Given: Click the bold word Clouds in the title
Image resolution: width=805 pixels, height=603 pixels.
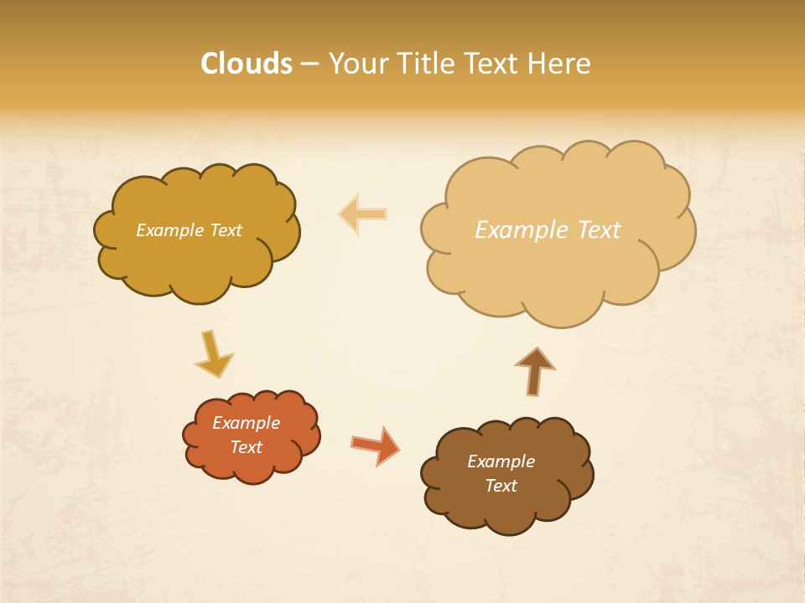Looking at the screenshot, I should (247, 64).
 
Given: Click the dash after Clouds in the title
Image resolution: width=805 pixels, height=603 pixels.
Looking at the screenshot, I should (309, 64).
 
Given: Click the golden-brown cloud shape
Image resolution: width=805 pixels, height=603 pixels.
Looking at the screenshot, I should (197, 251).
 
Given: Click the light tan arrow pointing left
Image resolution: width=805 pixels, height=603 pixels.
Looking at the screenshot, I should (363, 214).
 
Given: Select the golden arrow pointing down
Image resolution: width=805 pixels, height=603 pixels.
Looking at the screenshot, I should (213, 353).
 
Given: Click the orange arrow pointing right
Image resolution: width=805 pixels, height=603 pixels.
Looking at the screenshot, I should (375, 445).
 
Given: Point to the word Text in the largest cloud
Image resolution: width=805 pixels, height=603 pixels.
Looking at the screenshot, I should (600, 229).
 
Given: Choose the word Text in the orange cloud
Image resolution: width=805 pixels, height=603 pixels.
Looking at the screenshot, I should (247, 447).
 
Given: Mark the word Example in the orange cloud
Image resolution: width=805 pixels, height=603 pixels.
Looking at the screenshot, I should (247, 423).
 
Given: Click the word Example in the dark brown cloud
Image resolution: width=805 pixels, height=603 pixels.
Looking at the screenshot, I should (501, 461).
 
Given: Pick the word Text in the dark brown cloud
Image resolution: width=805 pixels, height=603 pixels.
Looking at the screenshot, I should (501, 486).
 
